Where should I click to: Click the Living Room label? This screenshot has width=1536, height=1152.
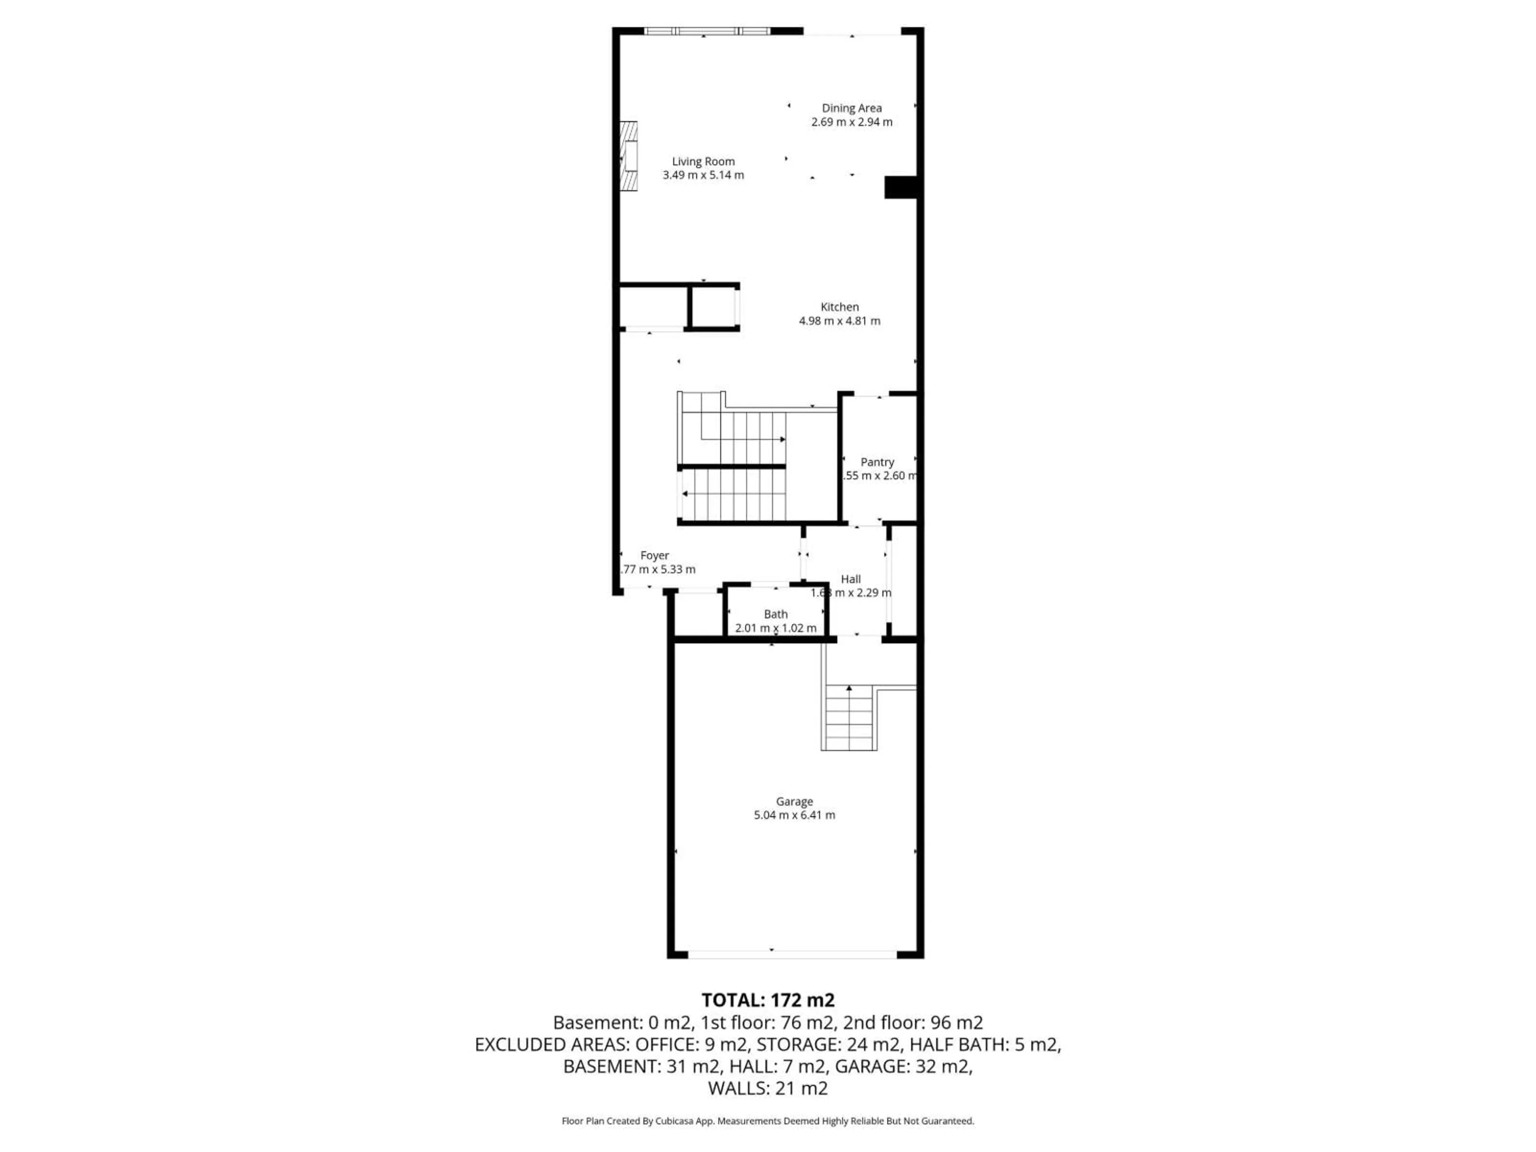coord(703,162)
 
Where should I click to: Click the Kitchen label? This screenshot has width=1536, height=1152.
coord(840,307)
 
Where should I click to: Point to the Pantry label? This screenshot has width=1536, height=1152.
coord(877,462)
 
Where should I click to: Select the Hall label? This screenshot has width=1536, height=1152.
coord(851,579)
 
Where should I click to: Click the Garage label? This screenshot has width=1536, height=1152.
coord(794,801)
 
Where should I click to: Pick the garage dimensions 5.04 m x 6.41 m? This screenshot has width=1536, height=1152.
coord(794,815)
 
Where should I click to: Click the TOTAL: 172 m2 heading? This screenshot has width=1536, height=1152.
coord(767,1001)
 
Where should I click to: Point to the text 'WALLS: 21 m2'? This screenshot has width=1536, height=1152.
coord(767,1088)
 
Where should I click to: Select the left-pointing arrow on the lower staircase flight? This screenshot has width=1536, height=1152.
coord(685,494)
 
